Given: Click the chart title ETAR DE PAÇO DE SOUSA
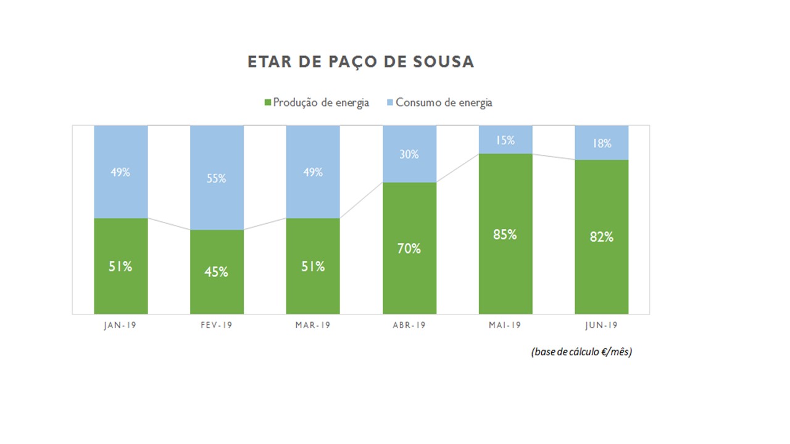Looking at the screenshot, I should click(x=360, y=62).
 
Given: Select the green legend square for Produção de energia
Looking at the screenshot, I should click(x=268, y=102).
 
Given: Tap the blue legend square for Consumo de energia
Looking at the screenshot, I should click(x=390, y=102).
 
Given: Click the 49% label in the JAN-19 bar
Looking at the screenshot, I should click(x=120, y=173).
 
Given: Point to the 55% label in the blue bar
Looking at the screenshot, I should click(x=217, y=179).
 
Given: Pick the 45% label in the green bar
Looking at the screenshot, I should click(x=217, y=272).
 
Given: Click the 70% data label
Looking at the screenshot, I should click(x=409, y=249).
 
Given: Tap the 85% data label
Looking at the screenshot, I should click(x=505, y=234).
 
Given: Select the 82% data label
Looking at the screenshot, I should click(x=601, y=237).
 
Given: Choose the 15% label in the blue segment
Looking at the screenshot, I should click(x=505, y=141).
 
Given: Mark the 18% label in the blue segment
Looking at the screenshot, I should click(x=601, y=144).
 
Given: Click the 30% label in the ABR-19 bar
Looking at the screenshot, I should click(x=409, y=155).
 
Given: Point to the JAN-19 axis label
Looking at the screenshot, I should click(x=120, y=326).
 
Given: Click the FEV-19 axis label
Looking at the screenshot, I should click(x=217, y=326).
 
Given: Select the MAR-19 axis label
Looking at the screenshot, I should click(x=313, y=326).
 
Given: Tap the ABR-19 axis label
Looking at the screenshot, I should click(x=409, y=326).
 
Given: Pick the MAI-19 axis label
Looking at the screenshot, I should click(x=505, y=326).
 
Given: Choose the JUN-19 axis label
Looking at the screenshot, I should click(x=601, y=326).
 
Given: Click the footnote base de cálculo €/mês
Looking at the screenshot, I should click(x=581, y=352).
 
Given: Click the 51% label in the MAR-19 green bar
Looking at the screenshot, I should click(x=313, y=266).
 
